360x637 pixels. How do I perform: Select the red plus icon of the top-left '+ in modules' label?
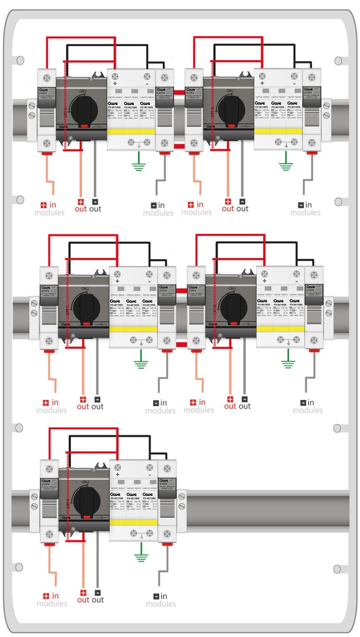click(44, 205)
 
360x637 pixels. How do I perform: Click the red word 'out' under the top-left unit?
click(81, 209)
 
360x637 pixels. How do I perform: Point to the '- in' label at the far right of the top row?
click(305, 205)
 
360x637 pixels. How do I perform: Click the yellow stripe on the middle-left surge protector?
click(133, 328)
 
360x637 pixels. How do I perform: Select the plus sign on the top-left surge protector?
click(115, 82)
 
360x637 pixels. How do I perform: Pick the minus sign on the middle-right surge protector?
click(295, 281)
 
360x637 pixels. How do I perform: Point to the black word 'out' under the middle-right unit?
click(245, 406)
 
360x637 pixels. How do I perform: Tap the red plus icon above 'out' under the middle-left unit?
click(83, 399)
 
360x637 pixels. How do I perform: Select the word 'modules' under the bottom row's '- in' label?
click(160, 604)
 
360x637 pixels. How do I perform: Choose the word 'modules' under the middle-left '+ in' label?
click(52, 411)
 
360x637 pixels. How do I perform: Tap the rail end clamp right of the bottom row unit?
click(182, 501)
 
